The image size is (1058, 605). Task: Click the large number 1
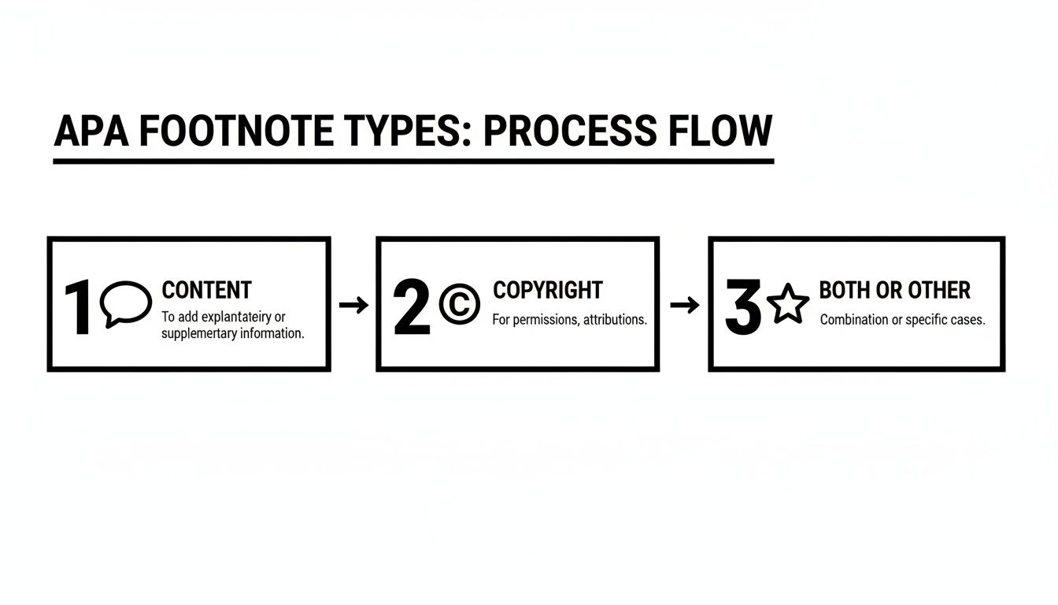coord(80,308)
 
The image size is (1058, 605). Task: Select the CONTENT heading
coord(206,290)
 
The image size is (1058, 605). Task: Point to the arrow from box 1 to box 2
coord(353,305)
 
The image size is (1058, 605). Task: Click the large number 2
coord(412,308)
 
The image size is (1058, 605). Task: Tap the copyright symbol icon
coord(459,305)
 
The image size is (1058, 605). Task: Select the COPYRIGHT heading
coord(547,290)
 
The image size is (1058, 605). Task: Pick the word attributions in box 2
coord(615,320)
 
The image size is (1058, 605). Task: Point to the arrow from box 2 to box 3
coord(684,305)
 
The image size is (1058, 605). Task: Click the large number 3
coord(743,308)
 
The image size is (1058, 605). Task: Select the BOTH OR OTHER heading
coord(894,290)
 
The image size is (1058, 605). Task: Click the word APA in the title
coord(91,132)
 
